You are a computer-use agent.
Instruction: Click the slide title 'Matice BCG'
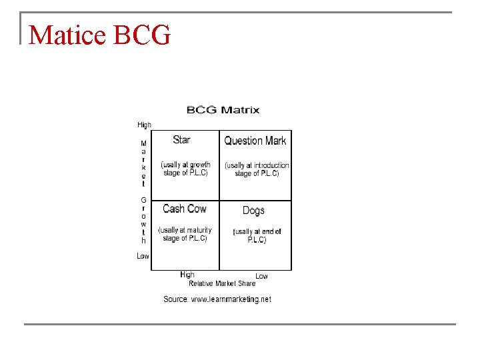click(x=100, y=35)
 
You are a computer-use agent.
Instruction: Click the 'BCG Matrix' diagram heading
click(x=223, y=110)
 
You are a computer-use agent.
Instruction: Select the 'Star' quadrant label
click(x=181, y=139)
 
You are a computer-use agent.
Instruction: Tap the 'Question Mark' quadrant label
click(x=255, y=141)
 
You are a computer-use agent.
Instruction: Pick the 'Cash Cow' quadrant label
click(x=185, y=209)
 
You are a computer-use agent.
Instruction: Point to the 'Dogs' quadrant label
click(x=253, y=210)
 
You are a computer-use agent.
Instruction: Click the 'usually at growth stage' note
click(x=186, y=169)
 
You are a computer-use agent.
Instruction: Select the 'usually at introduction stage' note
click(x=257, y=169)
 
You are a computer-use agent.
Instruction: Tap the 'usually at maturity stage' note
click(x=185, y=234)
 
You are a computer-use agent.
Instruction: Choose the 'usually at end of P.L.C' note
click(x=257, y=235)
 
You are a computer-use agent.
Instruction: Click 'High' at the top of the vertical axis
click(x=144, y=125)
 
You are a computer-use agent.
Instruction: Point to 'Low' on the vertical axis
click(x=143, y=256)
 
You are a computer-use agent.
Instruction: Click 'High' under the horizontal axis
click(x=187, y=275)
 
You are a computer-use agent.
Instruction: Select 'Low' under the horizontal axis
click(x=261, y=276)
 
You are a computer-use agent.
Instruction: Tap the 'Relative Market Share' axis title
click(x=222, y=283)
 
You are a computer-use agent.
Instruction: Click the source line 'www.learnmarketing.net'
click(x=231, y=299)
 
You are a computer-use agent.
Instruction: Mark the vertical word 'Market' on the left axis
click(x=143, y=163)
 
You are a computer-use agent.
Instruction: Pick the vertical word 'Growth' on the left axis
click(x=143, y=219)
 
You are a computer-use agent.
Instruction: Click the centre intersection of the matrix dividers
click(x=219, y=200)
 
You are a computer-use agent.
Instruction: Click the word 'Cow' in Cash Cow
click(x=196, y=209)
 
